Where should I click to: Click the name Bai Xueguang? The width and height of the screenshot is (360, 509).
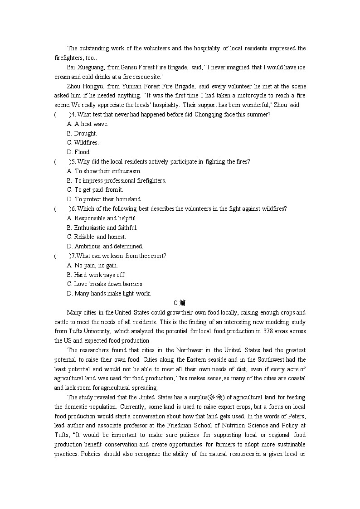click(x=85, y=68)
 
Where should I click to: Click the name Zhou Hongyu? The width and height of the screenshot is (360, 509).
click(x=84, y=87)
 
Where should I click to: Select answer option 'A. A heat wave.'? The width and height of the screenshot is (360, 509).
click(x=88, y=124)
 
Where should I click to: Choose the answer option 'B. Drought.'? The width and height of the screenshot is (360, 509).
click(x=82, y=134)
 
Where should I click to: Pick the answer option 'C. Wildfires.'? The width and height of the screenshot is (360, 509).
click(x=83, y=143)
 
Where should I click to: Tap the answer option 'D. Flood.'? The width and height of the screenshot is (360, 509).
click(x=79, y=152)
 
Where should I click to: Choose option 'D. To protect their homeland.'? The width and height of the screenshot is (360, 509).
click(x=104, y=199)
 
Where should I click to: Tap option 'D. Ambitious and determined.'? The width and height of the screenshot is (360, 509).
click(x=105, y=247)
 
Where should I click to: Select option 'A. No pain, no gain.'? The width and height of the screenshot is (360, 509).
click(x=92, y=266)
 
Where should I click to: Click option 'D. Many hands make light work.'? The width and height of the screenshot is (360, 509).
click(x=109, y=294)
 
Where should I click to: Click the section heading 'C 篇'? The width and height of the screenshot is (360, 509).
click(x=180, y=303)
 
